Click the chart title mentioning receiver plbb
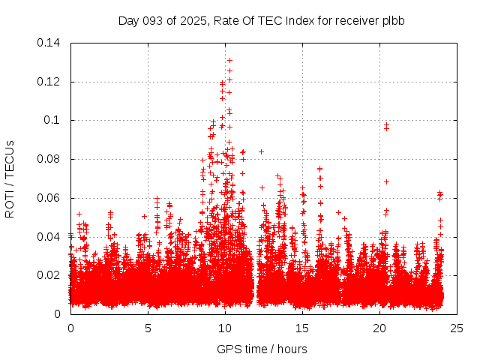pos(261,20)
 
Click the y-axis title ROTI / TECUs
pos(10,178)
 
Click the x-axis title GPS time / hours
pos(261,349)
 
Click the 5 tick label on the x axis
pos(148,328)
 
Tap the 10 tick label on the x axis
pos(225,328)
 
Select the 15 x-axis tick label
pos(302,328)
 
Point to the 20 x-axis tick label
pos(379,328)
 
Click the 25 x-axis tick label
pos(457,328)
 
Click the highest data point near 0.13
pos(229,60)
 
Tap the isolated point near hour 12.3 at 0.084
pos(261,151)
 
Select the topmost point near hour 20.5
pos(387,124)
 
